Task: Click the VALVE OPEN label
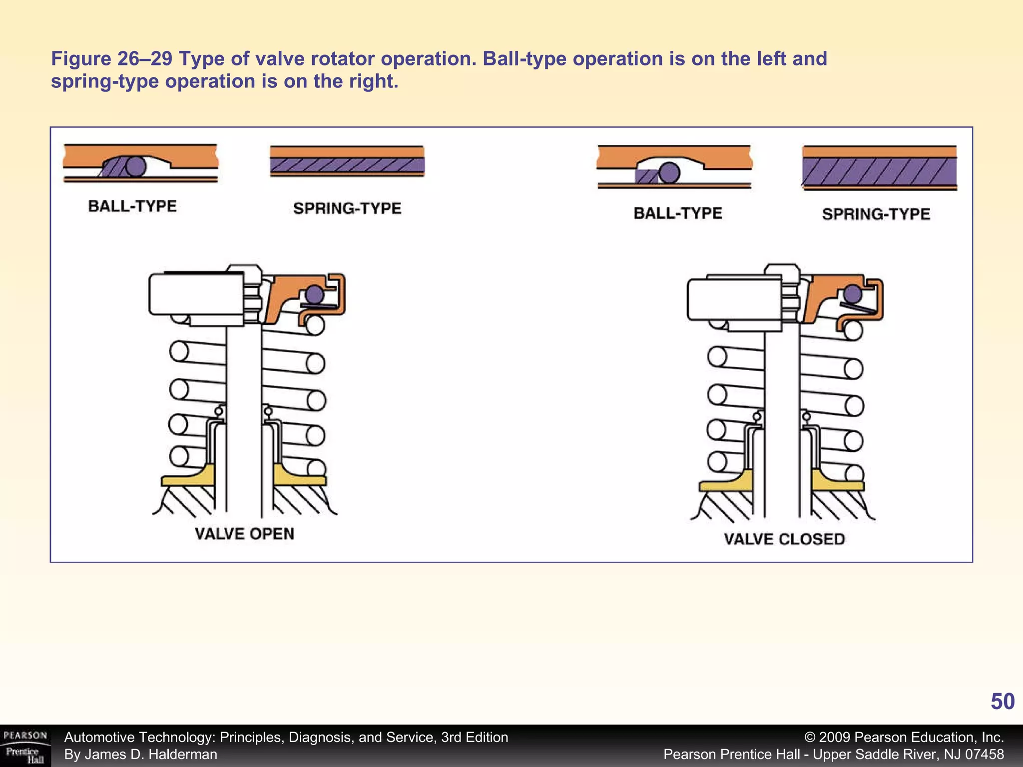coord(244,534)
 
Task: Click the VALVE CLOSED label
coord(784,539)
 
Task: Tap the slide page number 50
coord(1002,702)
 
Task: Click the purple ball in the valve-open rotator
coord(314,294)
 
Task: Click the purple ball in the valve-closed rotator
coord(853,294)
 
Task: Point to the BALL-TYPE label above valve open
coord(132,206)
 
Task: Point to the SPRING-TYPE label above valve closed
coord(876,214)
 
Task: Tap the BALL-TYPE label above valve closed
coord(678,213)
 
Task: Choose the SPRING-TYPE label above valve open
coord(347,208)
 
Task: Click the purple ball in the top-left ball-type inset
coord(135,166)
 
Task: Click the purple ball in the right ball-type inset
coord(669,173)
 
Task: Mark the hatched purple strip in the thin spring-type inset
coord(347,165)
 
